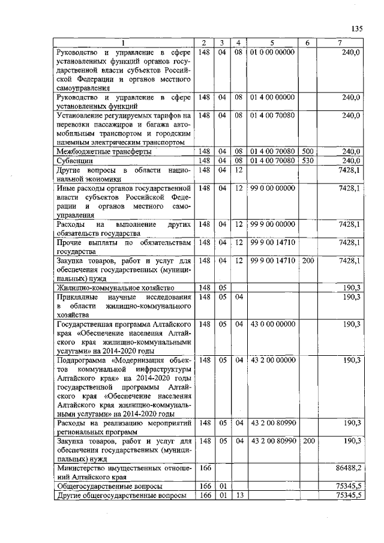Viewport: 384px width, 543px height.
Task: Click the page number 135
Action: coord(358,28)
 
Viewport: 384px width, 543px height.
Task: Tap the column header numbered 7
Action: coord(340,43)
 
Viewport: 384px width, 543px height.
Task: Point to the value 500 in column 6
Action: coord(308,152)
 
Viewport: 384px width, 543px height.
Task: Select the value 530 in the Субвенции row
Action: coord(308,161)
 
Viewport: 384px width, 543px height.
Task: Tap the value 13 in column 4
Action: coord(238,496)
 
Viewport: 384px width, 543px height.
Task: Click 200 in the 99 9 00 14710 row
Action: coord(308,261)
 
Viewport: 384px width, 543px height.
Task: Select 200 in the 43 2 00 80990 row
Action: coord(308,441)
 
